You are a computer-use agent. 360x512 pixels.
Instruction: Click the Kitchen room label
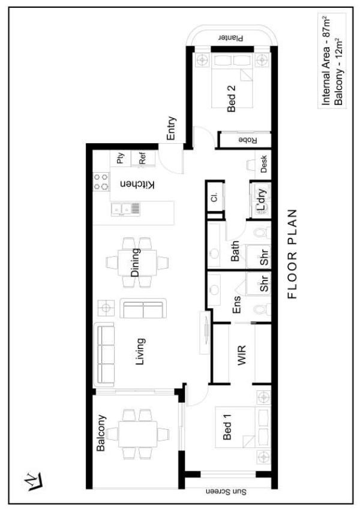(x=137, y=185)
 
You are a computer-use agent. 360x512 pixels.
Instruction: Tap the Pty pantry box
(x=121, y=158)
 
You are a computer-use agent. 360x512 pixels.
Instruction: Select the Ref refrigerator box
(x=143, y=158)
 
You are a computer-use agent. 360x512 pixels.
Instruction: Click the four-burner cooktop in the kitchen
(x=101, y=182)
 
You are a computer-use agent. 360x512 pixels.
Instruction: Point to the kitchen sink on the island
(x=126, y=209)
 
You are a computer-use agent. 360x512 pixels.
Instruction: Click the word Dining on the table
(x=136, y=263)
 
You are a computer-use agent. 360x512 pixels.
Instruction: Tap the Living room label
(x=140, y=352)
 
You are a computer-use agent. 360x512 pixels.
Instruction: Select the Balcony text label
(x=101, y=433)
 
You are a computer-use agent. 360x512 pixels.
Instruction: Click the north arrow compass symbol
(x=34, y=481)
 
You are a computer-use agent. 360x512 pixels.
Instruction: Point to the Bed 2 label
(x=231, y=98)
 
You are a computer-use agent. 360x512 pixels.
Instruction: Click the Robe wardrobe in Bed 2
(x=245, y=140)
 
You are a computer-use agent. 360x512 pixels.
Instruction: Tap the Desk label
(x=263, y=164)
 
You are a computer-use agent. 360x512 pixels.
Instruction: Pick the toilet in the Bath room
(x=263, y=233)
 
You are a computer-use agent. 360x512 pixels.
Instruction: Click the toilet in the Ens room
(x=262, y=309)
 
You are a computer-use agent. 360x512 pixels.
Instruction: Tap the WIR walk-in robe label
(x=242, y=355)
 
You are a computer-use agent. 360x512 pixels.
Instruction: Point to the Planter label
(x=231, y=38)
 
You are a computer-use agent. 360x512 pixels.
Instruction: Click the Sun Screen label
(x=226, y=492)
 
